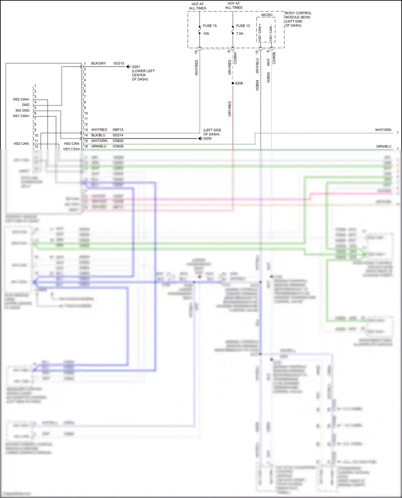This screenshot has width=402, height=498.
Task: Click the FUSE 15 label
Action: click(210, 26)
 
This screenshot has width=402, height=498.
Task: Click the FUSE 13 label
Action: click(243, 26)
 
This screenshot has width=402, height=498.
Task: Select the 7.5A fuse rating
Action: click(240, 33)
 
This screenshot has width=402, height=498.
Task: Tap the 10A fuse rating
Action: click(206, 33)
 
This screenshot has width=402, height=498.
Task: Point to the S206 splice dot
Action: click(233, 83)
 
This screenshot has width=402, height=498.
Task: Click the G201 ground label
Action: click(136, 67)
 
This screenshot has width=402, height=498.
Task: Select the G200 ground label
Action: click(207, 138)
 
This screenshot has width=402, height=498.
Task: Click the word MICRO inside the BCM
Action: click(267, 15)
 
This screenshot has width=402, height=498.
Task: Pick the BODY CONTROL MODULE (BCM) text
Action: click(298, 15)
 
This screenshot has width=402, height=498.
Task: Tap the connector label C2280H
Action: click(235, 58)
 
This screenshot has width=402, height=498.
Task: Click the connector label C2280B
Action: click(274, 58)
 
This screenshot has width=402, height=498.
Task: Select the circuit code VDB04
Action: click(257, 85)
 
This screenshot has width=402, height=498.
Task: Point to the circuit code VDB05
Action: click(268, 78)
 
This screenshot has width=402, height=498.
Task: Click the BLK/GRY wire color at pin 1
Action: click(98, 63)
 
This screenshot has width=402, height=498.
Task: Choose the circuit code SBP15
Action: click(118, 130)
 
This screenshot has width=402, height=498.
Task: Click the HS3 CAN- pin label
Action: click(72, 144)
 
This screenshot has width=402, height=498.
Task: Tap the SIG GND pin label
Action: click(22, 111)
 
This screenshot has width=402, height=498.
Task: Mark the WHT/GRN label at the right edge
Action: click(383, 130)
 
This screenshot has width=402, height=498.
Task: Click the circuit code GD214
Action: click(118, 135)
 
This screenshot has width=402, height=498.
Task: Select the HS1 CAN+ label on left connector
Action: click(21, 116)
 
